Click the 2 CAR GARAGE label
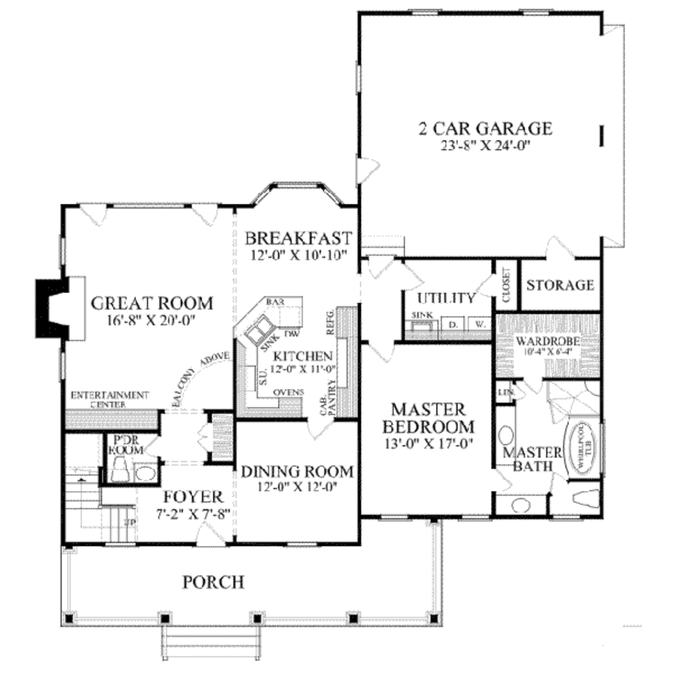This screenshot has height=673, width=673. [x=485, y=128]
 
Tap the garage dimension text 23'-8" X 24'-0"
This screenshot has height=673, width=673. [x=485, y=145]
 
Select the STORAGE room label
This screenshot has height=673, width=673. [x=560, y=285]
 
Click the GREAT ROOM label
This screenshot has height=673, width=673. [x=152, y=304]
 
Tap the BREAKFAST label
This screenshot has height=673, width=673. [x=298, y=237]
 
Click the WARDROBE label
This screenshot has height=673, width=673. [x=547, y=342]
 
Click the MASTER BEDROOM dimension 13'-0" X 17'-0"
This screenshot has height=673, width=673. [x=430, y=444]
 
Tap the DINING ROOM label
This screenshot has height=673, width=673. [x=296, y=472]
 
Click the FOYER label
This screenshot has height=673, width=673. [x=193, y=496]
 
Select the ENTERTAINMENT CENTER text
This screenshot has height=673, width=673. [x=109, y=399]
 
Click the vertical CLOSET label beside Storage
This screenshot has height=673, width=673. [x=506, y=286]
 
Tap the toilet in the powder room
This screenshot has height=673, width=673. [x=122, y=468]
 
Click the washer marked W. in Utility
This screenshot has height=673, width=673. [x=479, y=324]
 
